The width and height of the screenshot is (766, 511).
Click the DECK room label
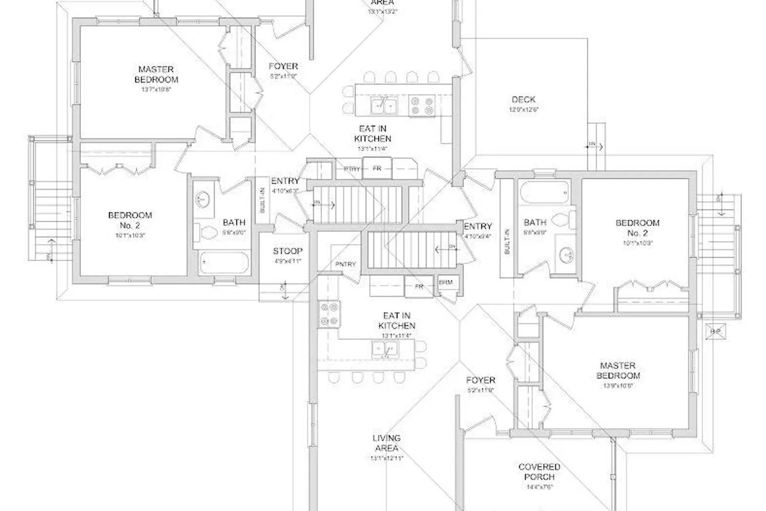pos(523,100)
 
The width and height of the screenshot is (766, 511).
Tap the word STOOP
pos(287,251)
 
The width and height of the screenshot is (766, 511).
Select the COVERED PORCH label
pos(539,472)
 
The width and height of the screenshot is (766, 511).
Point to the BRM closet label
pos(445,283)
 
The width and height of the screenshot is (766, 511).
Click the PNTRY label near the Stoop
pos(345,264)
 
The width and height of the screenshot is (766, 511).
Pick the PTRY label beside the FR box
pos(352,169)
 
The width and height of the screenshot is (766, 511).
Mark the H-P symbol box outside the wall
pos(716,332)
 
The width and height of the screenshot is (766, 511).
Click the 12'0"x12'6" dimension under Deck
pos(523,110)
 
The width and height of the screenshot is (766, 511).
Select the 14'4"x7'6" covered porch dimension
pos(539,487)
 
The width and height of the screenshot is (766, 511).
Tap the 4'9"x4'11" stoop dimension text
pos(287,261)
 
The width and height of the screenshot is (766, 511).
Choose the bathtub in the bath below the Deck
pos(544,194)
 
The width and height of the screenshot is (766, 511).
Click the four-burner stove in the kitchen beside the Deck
pos(422,106)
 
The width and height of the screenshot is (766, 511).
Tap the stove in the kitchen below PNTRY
pos(329,314)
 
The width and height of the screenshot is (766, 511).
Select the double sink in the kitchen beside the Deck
pos(385,106)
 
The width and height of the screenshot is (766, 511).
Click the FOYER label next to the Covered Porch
pos(481,380)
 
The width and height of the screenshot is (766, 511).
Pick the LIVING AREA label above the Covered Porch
pos(387,443)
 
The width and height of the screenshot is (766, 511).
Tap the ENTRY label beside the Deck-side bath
pos(478,226)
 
